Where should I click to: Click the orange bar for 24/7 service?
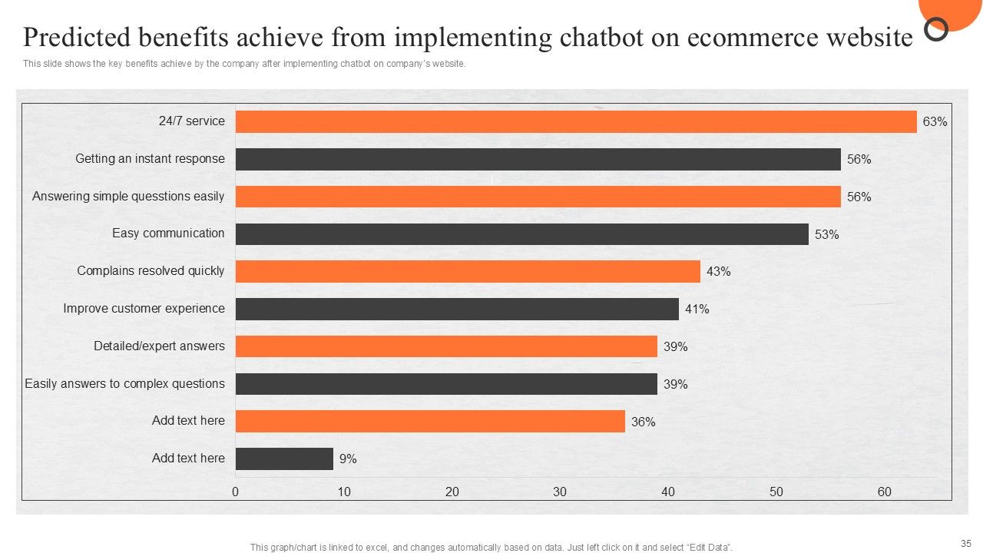tap(576, 121)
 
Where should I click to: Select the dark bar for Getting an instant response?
tap(538, 159)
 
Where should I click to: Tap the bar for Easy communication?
tap(522, 234)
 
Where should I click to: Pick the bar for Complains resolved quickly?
tap(468, 271)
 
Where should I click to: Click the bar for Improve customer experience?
tap(457, 309)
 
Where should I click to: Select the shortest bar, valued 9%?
tap(284, 459)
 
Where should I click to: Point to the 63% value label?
tap(935, 122)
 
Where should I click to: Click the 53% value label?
tap(826, 235)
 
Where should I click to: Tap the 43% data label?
tap(718, 272)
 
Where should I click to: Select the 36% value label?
tap(643, 422)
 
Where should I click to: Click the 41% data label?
tap(697, 310)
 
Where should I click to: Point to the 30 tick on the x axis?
tap(560, 492)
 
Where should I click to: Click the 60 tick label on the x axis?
tap(884, 492)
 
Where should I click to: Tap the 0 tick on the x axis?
tap(236, 492)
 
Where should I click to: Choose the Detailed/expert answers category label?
tap(159, 346)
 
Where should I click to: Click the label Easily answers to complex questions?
tap(124, 383)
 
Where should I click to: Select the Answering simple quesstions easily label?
tap(128, 197)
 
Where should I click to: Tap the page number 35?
tap(965, 541)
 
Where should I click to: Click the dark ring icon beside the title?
tap(936, 30)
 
